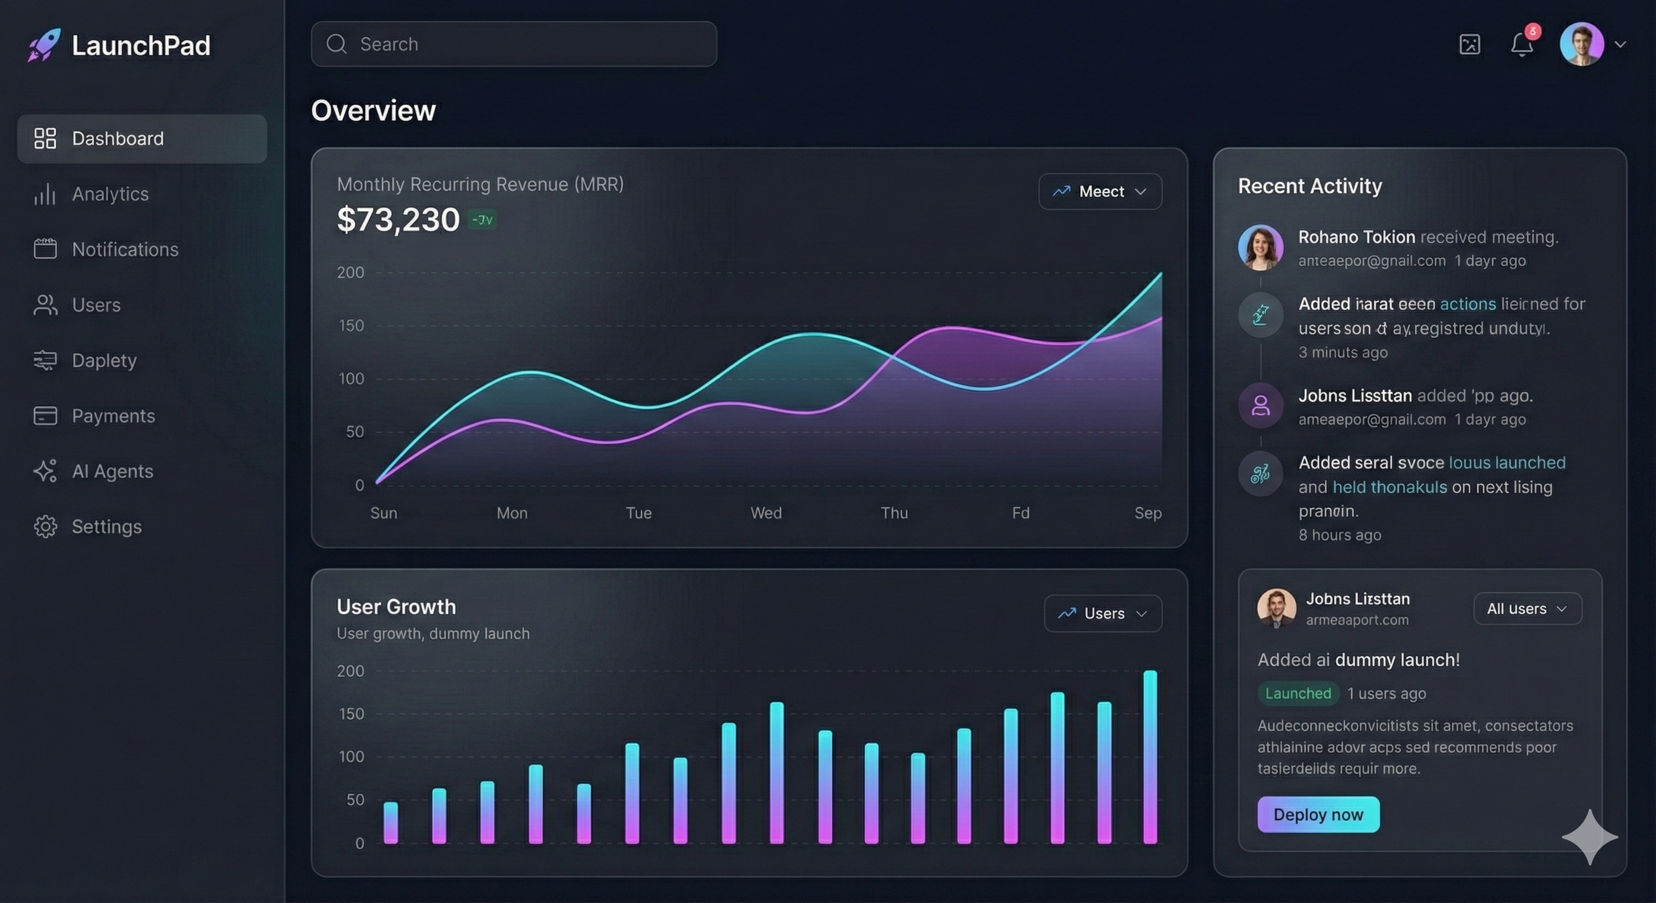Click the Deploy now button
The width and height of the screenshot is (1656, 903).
pos(1318,814)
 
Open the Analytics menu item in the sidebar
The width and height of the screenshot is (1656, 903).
pos(110,194)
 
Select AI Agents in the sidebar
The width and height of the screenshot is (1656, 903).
pos(112,471)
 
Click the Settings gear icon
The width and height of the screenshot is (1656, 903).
pos(45,527)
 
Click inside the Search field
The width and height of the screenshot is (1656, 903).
pos(515,44)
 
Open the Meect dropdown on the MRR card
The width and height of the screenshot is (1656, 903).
pos(1100,192)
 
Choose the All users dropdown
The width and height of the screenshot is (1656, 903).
pos(1527,608)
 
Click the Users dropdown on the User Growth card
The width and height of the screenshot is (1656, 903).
pos(1103,614)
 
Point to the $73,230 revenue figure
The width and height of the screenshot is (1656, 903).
pos(398,220)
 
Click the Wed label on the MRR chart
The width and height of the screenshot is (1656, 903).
pos(766,513)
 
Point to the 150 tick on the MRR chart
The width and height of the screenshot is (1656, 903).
pos(351,326)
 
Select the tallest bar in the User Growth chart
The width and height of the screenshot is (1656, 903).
pos(1150,757)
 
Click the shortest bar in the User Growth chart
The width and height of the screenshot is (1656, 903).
pos(390,822)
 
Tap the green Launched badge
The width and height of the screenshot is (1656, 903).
pos(1297,694)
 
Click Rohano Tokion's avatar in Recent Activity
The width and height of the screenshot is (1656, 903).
pos(1260,248)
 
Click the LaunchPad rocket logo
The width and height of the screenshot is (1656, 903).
pos(44,45)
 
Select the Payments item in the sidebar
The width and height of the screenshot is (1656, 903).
pos(113,416)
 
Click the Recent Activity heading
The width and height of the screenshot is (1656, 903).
pos(1310,186)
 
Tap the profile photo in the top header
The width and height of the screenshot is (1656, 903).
pos(1581,44)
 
